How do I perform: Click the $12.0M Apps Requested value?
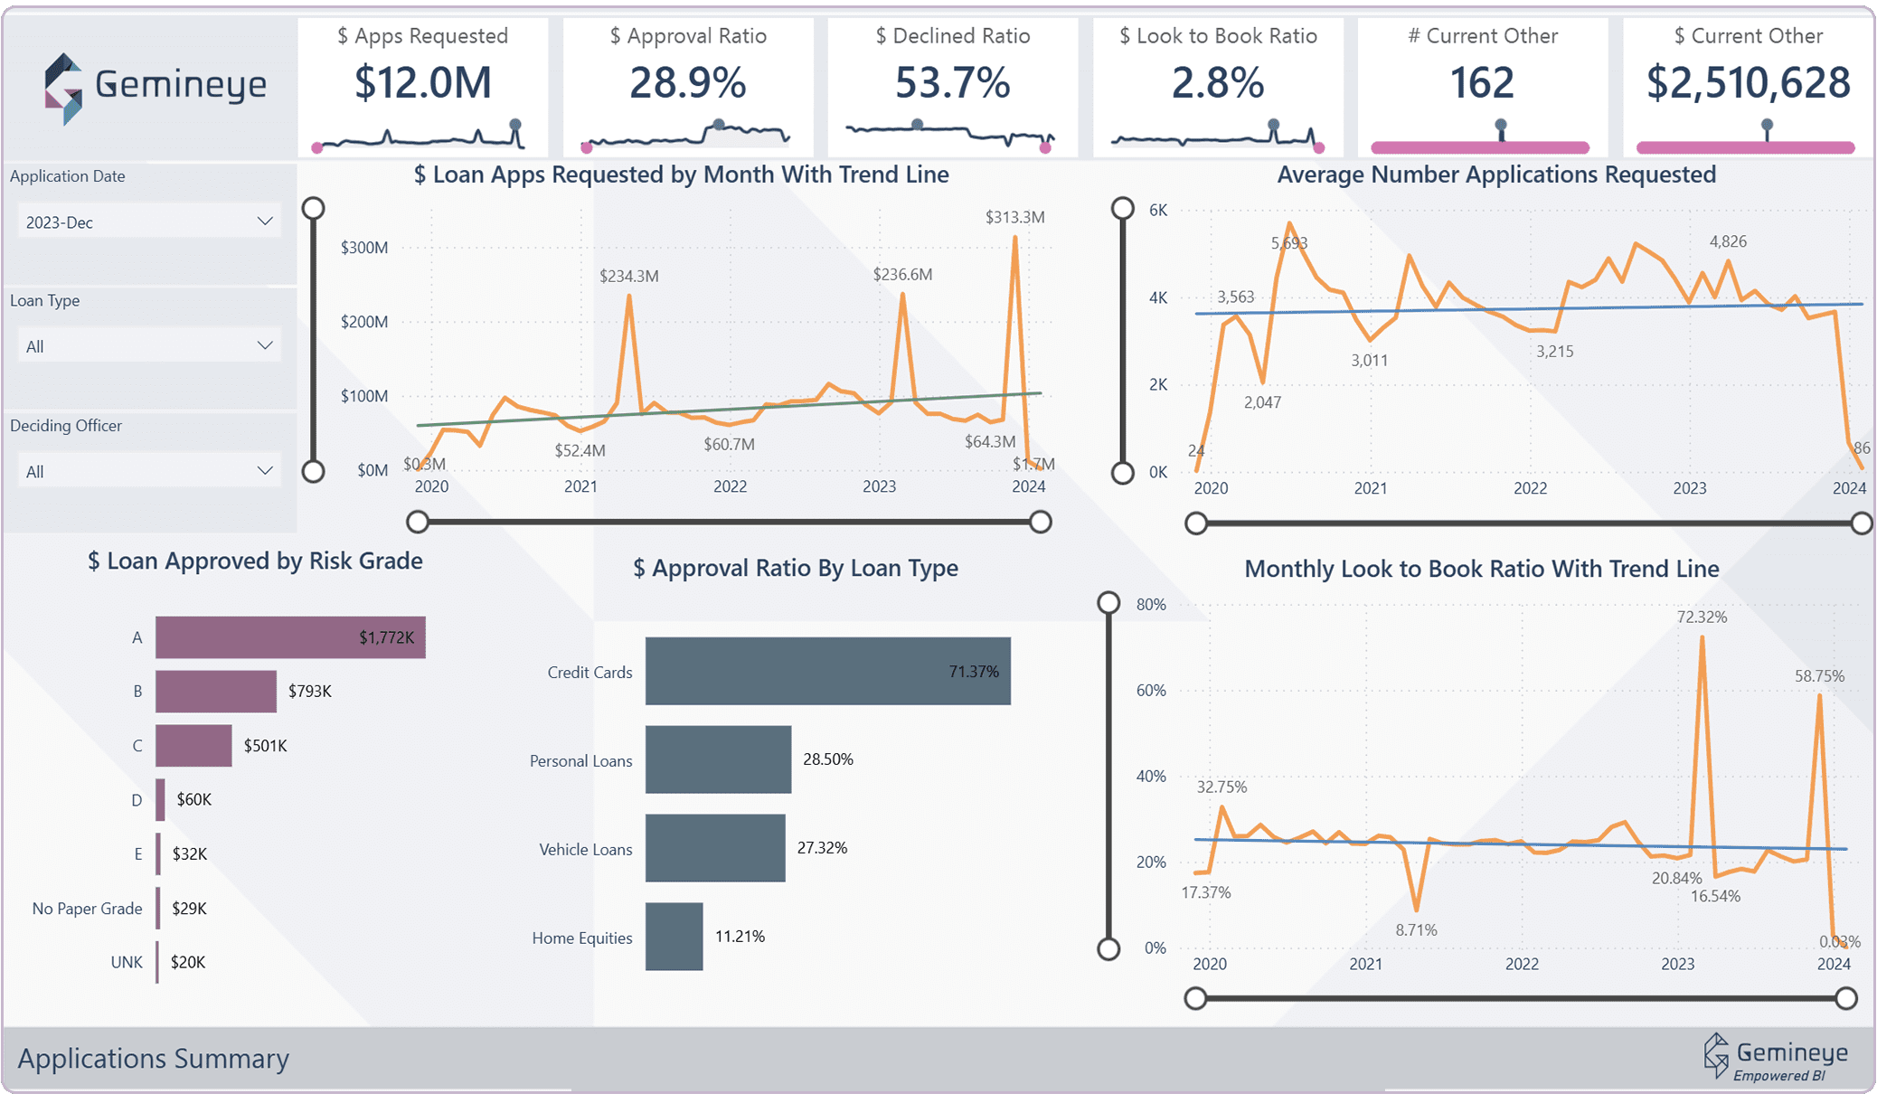point(422,82)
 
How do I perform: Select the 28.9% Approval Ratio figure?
point(687,82)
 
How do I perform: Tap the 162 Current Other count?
point(1482,82)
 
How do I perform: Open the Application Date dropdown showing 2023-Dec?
point(148,222)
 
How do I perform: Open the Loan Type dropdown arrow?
point(265,345)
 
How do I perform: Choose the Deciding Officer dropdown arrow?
point(265,470)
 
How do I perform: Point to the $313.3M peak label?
point(1014,217)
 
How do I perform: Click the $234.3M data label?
point(628,276)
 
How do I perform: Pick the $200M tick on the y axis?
point(363,322)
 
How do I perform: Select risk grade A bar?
point(289,637)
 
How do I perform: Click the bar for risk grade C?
point(193,746)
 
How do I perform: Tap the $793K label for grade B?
point(309,692)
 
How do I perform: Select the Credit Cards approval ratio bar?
point(827,671)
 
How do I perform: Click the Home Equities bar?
point(674,937)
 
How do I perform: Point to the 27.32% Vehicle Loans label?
point(821,848)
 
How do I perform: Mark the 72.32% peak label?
point(1701,617)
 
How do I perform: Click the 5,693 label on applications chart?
point(1288,243)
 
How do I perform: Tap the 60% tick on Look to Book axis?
point(1150,691)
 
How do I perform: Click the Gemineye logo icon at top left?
point(63,89)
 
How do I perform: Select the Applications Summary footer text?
point(154,1058)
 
